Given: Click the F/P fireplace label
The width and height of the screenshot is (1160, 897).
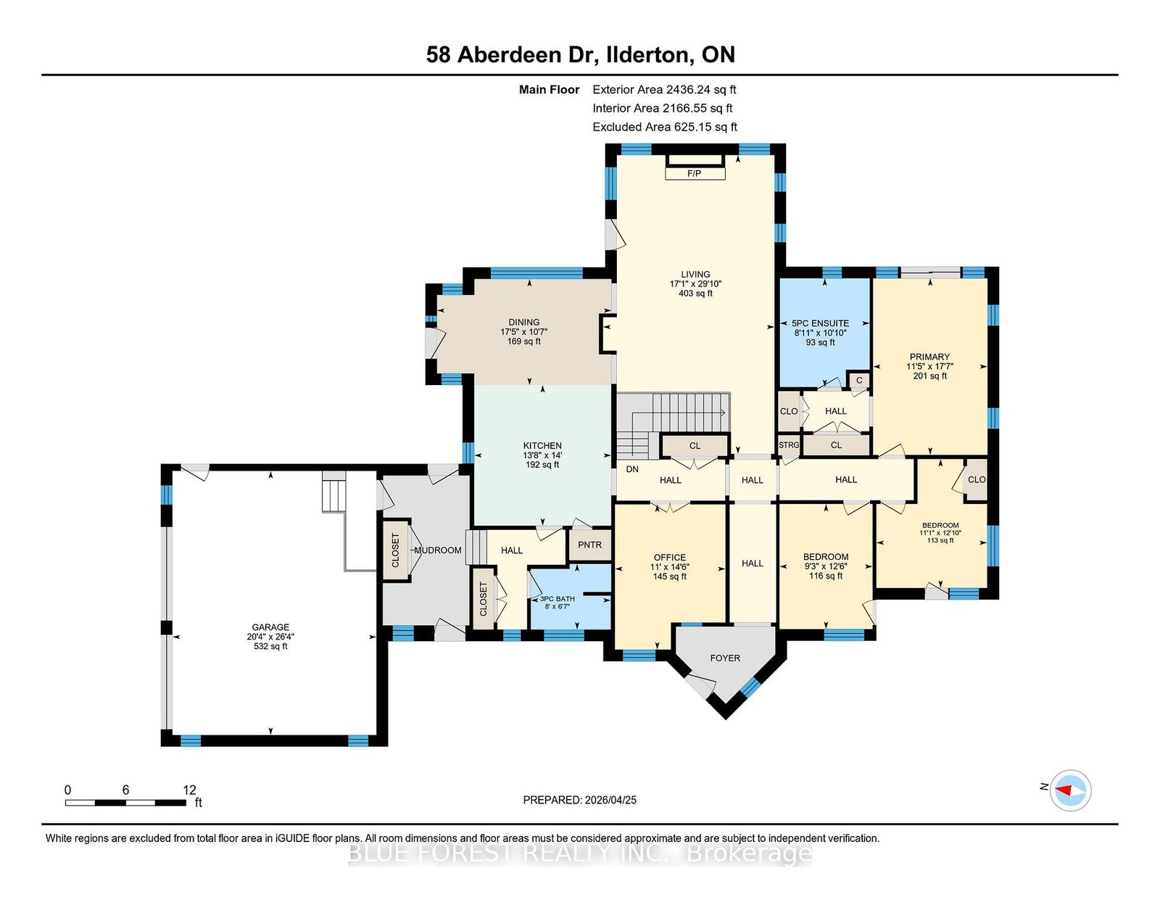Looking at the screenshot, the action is coord(694,173).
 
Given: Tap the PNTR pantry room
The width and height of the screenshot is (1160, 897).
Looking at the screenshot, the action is coord(590,545).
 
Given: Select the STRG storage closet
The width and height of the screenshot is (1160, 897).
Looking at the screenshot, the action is coord(789,445).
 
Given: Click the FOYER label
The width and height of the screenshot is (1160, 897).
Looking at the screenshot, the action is coord(725,658).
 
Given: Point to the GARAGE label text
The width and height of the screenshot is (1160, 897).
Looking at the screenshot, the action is coord(270,627).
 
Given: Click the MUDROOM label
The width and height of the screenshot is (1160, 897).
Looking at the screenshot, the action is coord(438,550).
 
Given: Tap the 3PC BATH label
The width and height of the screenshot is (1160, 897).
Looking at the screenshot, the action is coord(558,599).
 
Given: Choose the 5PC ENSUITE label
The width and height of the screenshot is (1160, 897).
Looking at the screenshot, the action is coord(820,323).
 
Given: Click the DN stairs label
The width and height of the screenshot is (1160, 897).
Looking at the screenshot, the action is coord(632,469).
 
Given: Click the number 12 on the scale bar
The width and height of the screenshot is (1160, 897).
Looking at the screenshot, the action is coord(189,790).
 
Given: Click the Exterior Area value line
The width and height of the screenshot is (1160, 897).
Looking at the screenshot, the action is coord(664,90).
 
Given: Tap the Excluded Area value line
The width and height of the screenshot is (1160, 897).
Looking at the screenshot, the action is coord(665,127).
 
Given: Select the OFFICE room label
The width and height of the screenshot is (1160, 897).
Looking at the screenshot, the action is coord(669,558).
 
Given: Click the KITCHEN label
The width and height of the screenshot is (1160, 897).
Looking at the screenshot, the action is coord(542,445).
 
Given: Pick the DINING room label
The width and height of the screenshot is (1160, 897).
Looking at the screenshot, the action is coord(523,322).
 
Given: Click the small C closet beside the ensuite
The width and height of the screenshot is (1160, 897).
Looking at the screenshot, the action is coord(859,381).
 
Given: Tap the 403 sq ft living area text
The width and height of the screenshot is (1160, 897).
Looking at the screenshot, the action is coord(695,293).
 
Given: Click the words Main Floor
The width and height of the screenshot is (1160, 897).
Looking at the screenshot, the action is coord(550,90).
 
